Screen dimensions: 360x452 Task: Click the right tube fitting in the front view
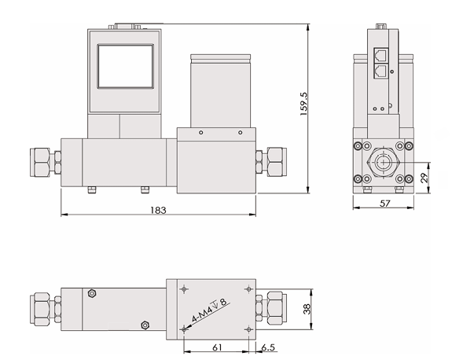[275, 161]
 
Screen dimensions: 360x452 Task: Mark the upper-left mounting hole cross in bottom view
[184, 289]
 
